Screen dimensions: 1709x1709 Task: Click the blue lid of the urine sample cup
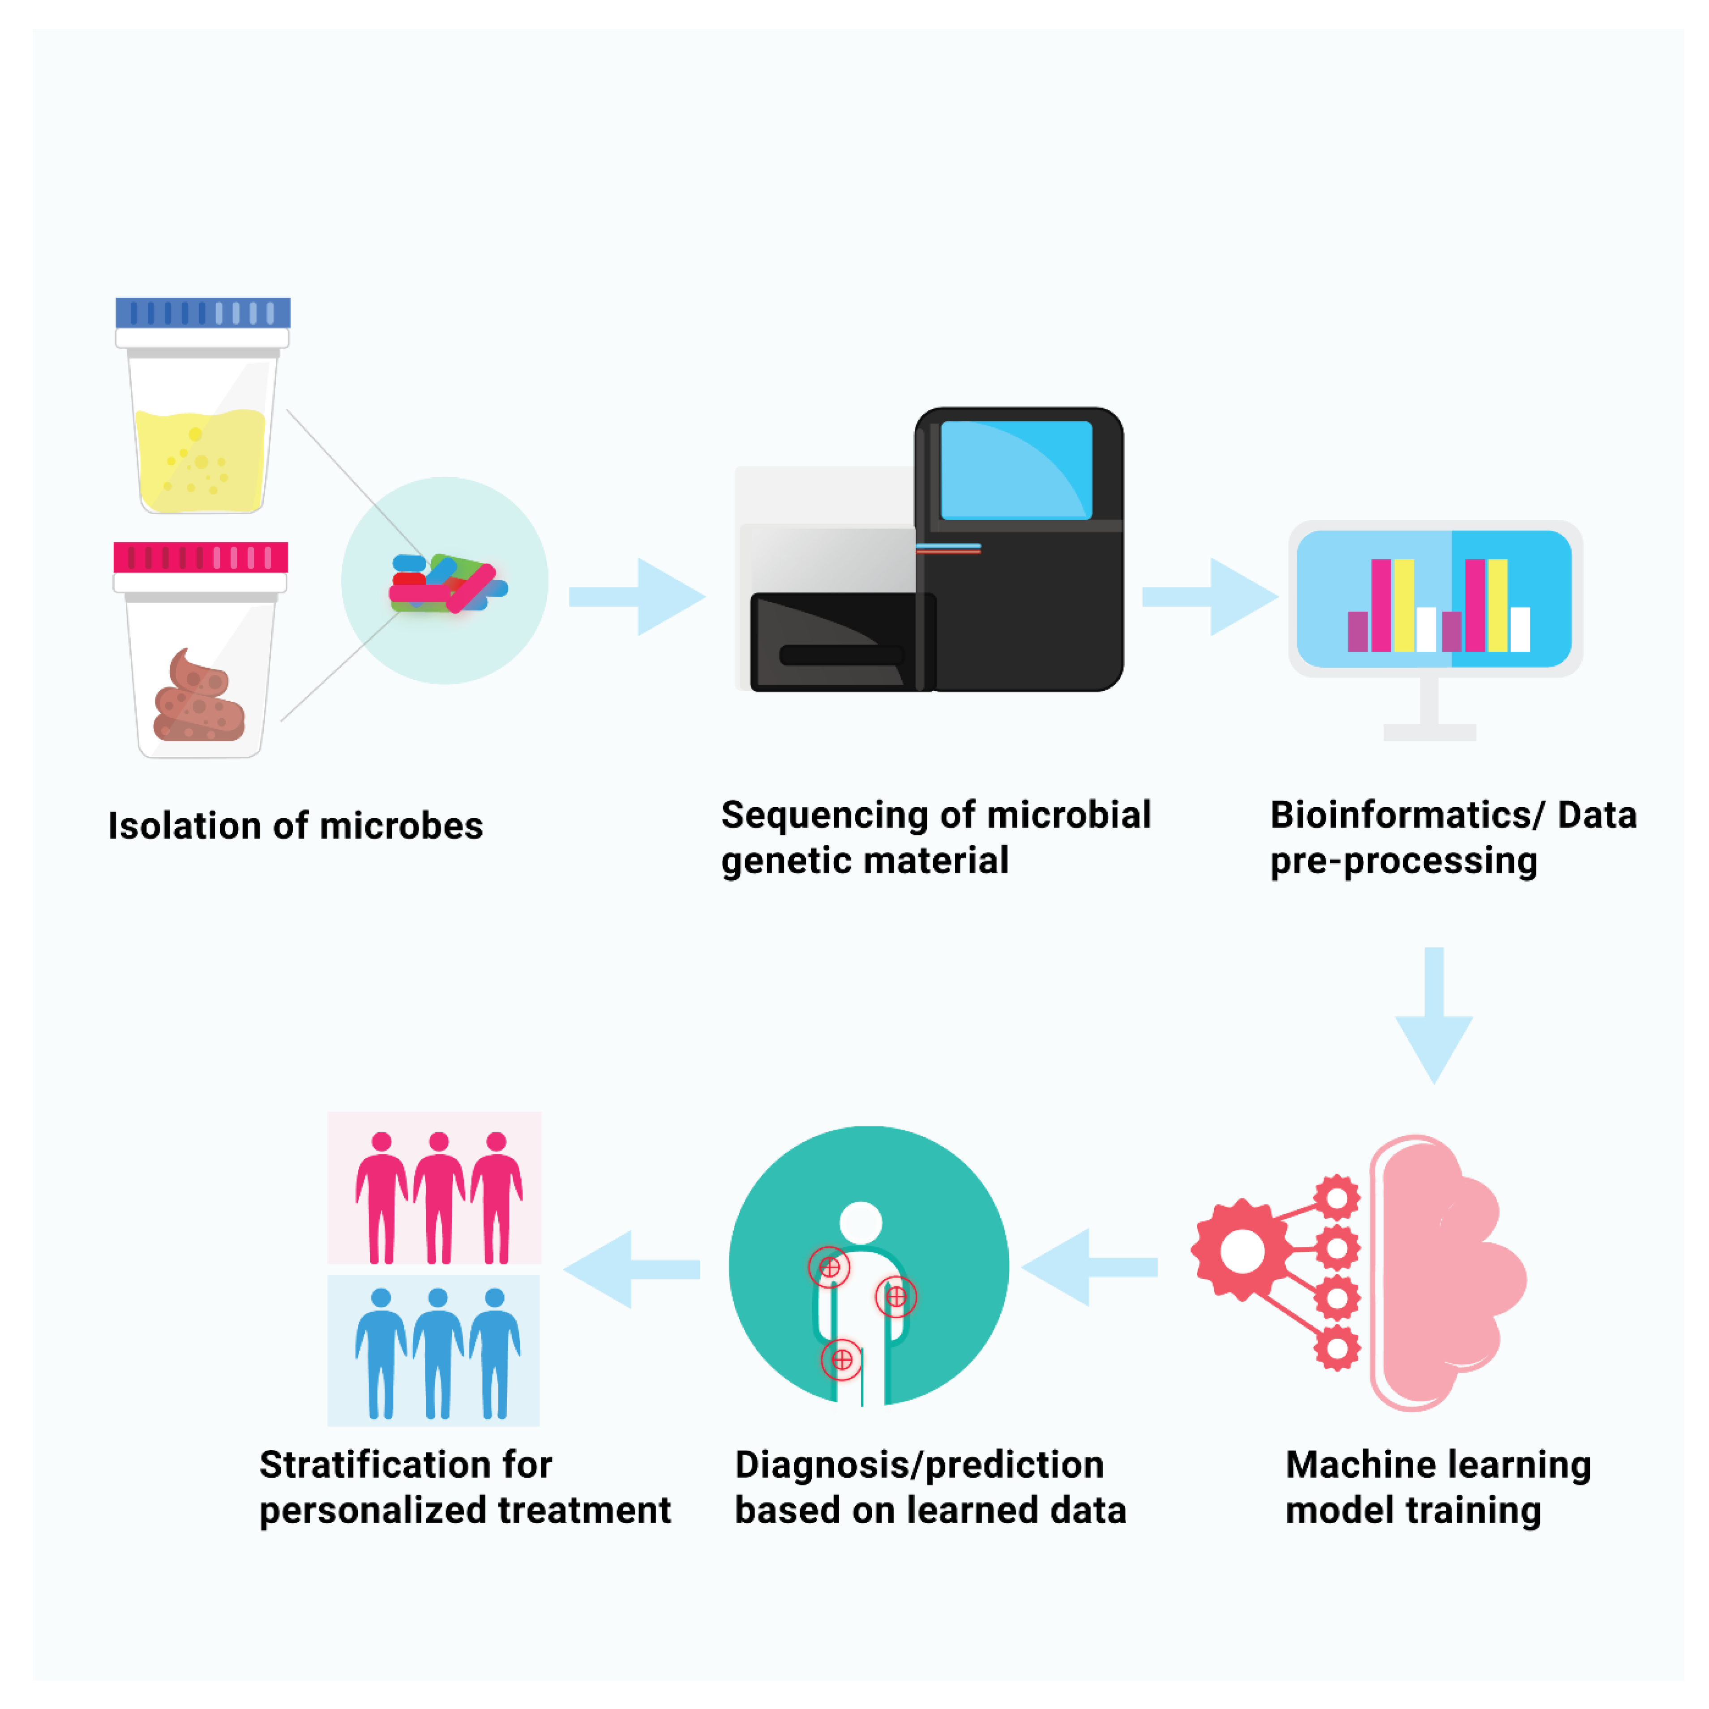(202, 313)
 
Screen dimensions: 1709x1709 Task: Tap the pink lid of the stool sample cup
(201, 557)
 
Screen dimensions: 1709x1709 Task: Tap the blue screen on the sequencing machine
(1015, 470)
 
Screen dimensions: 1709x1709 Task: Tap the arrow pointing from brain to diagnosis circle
(1090, 1268)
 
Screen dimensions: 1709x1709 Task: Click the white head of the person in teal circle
(861, 1222)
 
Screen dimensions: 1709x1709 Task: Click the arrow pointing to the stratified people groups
(632, 1269)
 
